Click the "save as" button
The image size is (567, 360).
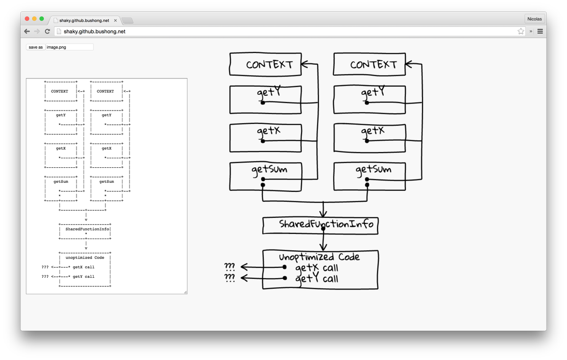tap(35, 47)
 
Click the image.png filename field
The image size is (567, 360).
tap(69, 47)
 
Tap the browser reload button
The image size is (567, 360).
tap(47, 32)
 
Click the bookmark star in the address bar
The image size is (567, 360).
tap(521, 32)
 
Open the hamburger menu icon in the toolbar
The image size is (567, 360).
tap(540, 32)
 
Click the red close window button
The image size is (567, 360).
tap(27, 19)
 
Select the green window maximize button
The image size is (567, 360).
tap(42, 19)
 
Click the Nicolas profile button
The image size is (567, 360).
tap(534, 19)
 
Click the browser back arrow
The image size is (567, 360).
tap(27, 32)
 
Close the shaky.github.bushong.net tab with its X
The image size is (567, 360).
tap(115, 21)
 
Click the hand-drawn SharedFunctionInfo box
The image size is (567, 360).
tap(321, 225)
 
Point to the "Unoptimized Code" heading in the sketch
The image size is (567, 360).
tap(319, 257)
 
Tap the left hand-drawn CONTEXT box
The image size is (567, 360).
tap(265, 64)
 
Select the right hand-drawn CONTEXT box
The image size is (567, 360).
tap(369, 64)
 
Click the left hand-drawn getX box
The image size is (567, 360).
tap(265, 137)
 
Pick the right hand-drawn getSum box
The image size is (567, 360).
tap(369, 176)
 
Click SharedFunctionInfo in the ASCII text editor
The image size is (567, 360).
tap(87, 229)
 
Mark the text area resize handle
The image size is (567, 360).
tap(185, 292)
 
